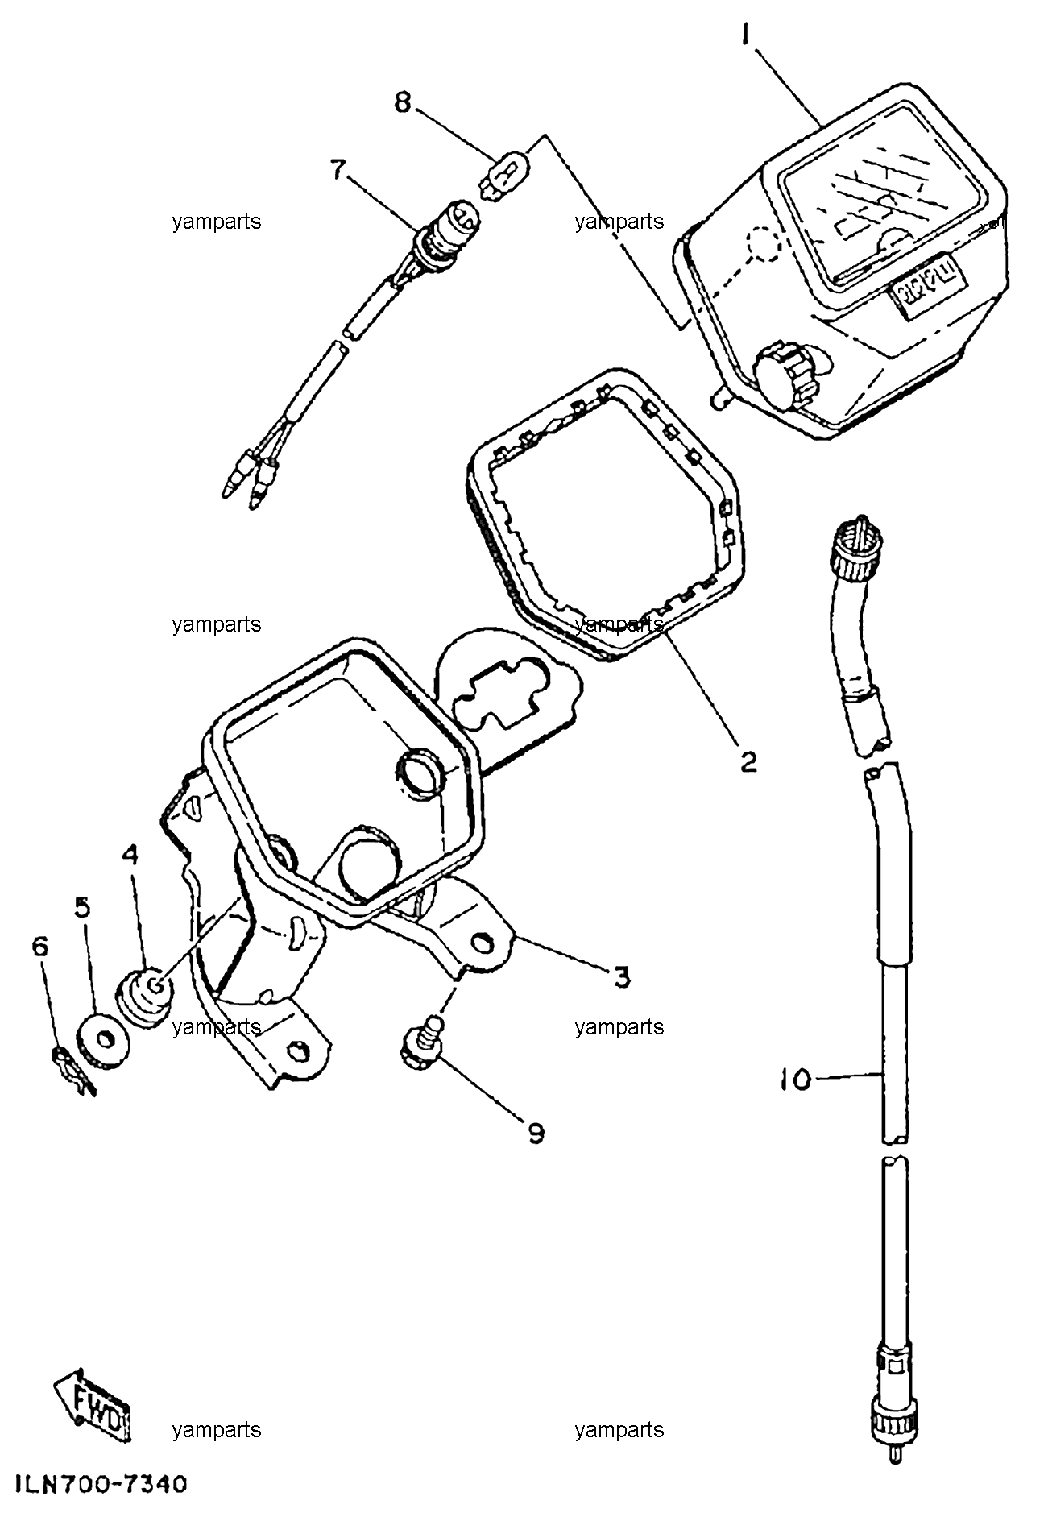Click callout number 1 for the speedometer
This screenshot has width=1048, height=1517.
[746, 35]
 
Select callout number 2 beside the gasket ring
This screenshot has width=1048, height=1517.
[748, 761]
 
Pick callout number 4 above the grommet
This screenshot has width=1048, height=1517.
[130, 854]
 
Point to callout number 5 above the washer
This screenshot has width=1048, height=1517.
[83, 907]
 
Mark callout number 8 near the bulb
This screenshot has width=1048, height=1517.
[402, 102]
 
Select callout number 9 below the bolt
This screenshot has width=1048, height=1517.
[536, 1134]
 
